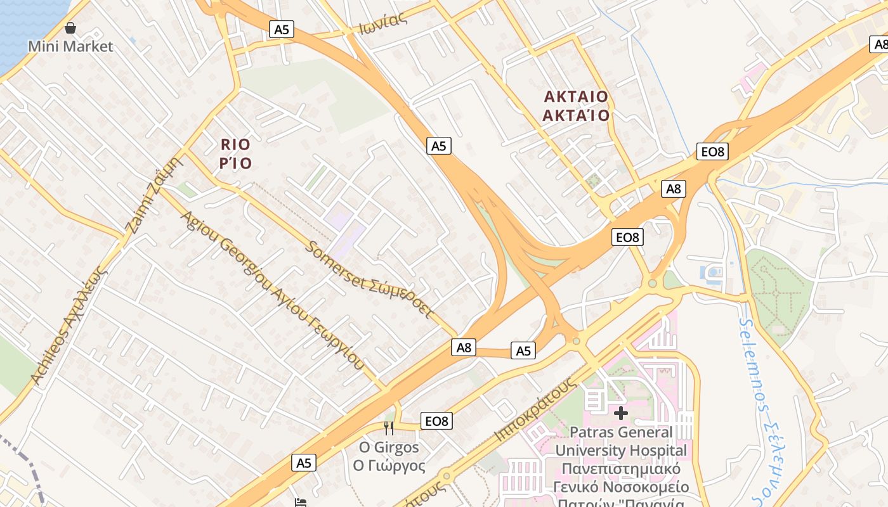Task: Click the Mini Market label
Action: tap(70, 46)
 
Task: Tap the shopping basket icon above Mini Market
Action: tap(70, 28)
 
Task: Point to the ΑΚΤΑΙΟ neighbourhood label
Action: tap(576, 97)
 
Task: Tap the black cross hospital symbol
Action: tap(621, 413)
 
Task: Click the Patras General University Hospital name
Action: tap(621, 442)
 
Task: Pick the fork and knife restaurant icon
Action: tap(389, 428)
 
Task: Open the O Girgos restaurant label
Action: tap(389, 447)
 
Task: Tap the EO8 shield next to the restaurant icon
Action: tap(436, 421)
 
